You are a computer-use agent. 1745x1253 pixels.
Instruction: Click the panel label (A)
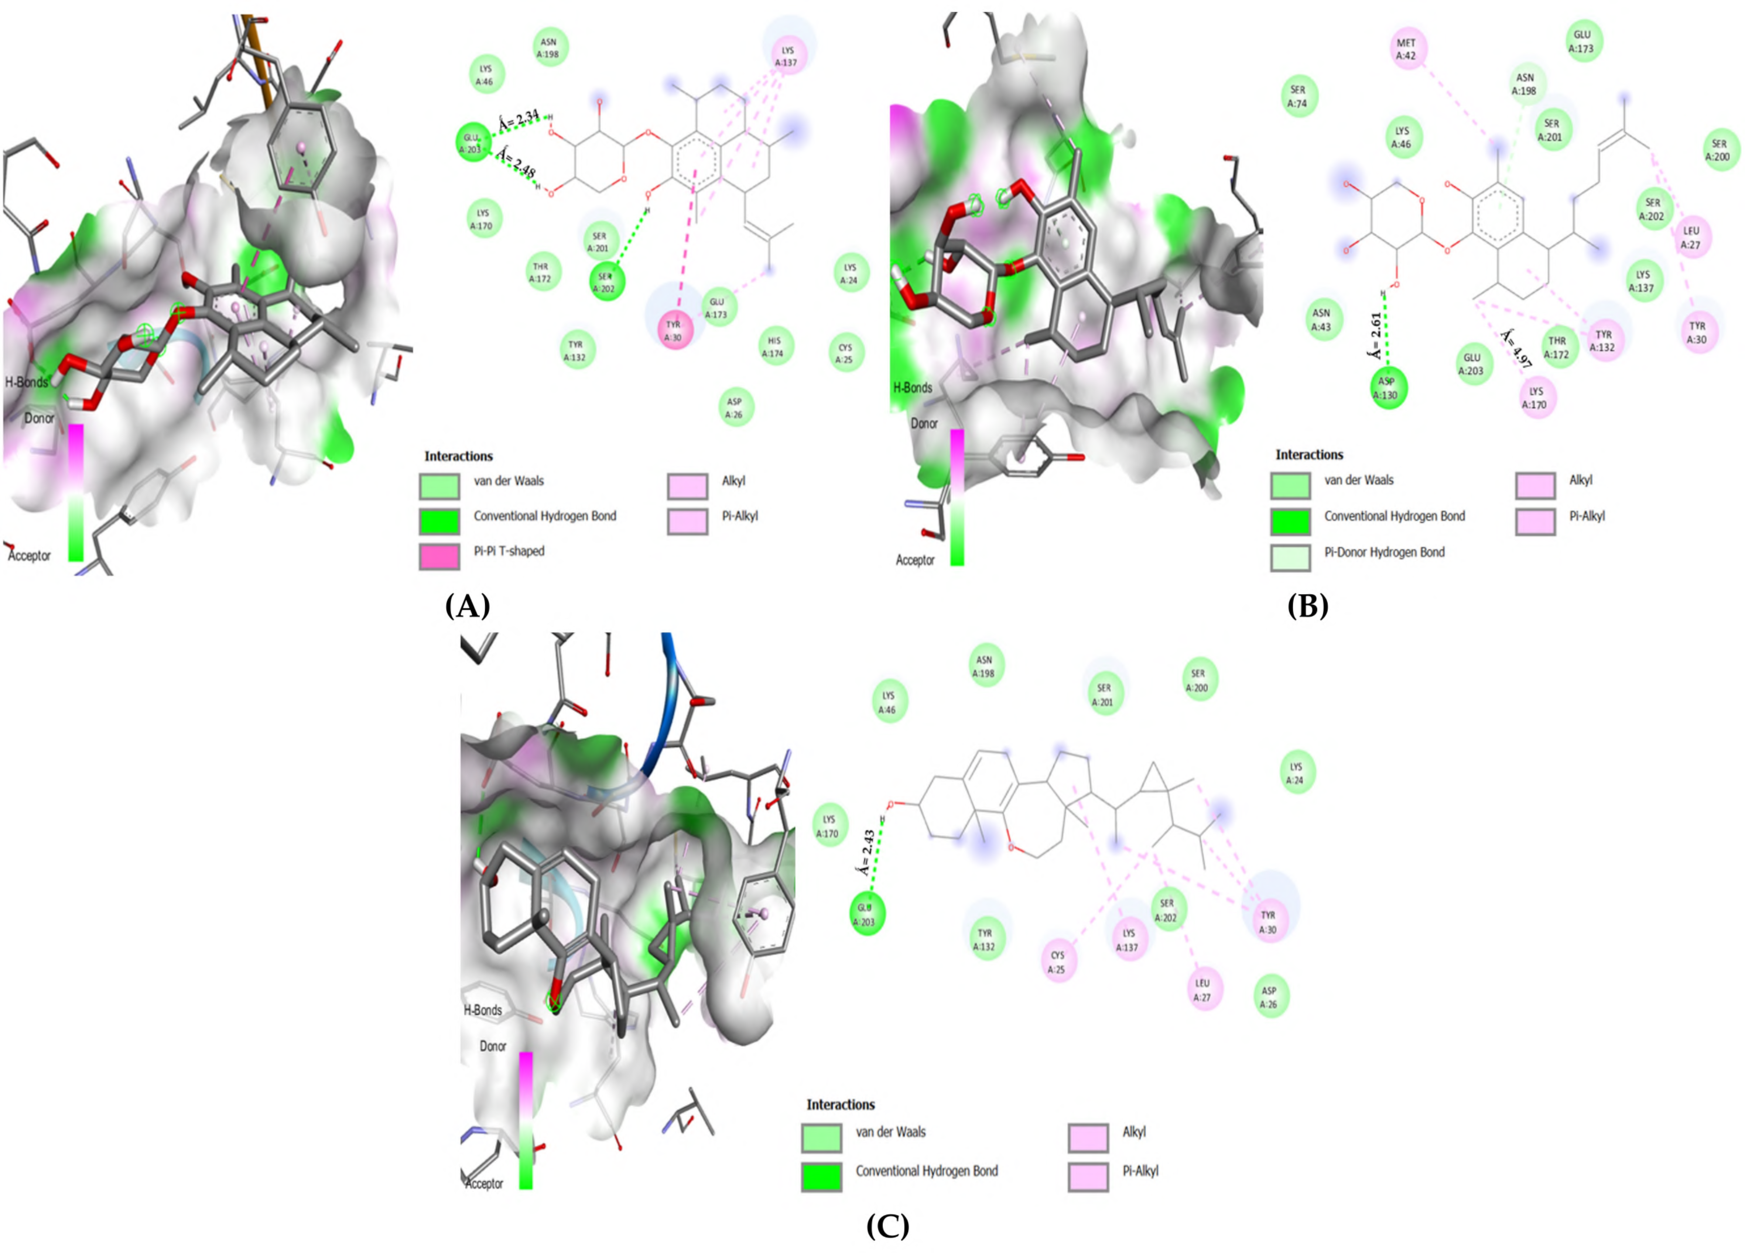tap(467, 606)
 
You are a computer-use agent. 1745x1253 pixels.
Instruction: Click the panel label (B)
tap(1307, 606)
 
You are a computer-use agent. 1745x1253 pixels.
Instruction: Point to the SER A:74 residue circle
tap(1298, 96)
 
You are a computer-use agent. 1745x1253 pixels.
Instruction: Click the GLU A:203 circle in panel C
tap(866, 914)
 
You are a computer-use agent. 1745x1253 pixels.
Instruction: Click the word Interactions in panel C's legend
tap(840, 1105)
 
